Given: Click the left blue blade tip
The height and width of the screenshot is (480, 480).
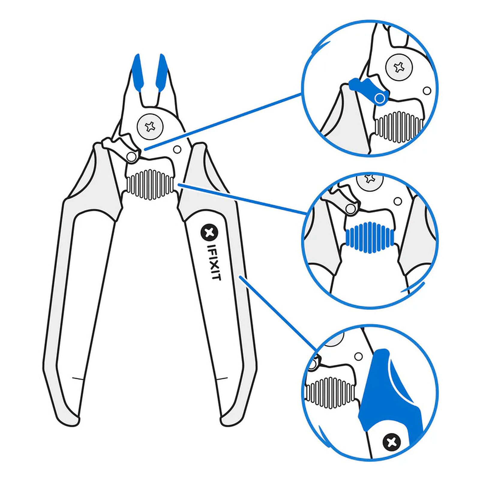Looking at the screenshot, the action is tap(138, 72).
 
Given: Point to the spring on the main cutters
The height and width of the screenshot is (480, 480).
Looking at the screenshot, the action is tap(150, 184).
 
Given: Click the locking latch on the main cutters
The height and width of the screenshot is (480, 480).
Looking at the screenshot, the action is tap(120, 147).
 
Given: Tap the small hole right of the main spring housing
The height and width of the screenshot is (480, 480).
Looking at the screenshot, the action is tap(177, 149).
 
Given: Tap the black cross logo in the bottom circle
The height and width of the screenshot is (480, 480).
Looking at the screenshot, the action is tap(391, 442).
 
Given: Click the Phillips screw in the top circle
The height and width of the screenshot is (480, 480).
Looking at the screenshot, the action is tap(399, 67).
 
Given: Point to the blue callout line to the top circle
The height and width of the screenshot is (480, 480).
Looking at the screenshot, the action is tap(223, 121).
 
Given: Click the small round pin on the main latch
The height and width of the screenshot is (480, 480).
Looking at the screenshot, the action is tap(131, 156).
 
